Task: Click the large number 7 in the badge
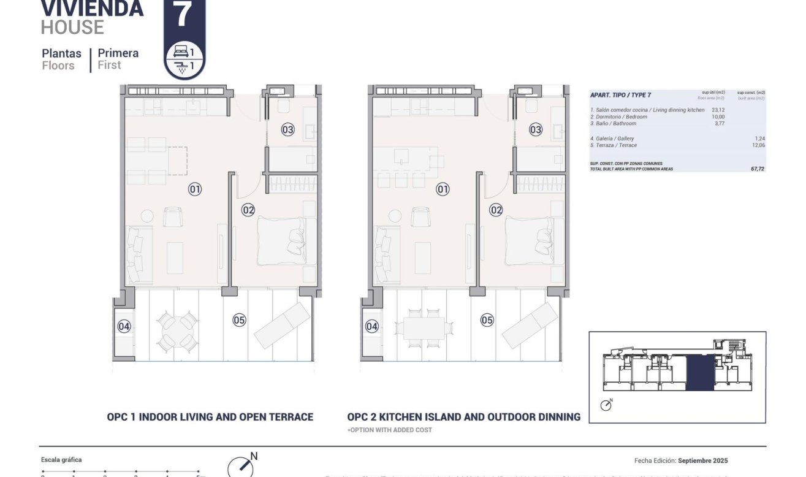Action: coord(184,15)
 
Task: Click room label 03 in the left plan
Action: coord(288,129)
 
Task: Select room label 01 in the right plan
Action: coord(443,189)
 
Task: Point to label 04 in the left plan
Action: coord(124,326)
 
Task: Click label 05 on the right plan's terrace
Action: coord(487,319)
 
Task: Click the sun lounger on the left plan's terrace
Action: coord(282,326)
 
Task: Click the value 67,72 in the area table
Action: coord(756,169)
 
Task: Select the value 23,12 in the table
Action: coord(718,110)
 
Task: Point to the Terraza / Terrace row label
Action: coord(613,145)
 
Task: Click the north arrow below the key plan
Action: coord(606,405)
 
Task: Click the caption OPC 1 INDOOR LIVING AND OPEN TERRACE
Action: coord(210,417)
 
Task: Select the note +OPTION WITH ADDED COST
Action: coord(389,430)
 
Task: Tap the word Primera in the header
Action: coord(118,53)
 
